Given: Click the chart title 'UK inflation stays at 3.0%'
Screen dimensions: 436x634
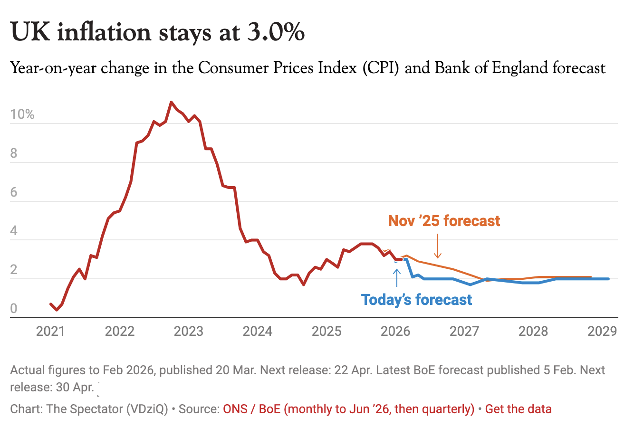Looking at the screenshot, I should coord(157,32).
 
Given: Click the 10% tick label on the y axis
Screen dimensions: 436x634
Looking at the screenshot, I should coord(22,114).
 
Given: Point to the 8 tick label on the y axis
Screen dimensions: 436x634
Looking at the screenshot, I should coord(14,153).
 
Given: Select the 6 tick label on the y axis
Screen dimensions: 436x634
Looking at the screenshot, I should coord(14,192).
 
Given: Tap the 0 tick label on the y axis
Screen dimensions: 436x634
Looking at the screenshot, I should coord(14,309).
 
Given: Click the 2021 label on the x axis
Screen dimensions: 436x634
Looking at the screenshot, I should coord(50,331).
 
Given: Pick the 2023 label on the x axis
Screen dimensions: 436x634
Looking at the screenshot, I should coord(188,331).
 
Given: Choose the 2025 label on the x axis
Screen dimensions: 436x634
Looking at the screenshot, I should coord(327,331).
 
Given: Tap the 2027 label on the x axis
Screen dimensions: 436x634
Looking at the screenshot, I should coord(464,331).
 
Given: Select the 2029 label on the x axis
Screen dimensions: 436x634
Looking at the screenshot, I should coord(602,331).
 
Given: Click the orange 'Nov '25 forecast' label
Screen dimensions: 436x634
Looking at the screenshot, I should coord(444,221).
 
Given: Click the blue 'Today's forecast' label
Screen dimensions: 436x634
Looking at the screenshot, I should coord(416,300).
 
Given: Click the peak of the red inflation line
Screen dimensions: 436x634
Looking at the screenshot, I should coord(172,102).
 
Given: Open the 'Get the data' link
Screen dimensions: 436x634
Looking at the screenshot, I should coord(519,409).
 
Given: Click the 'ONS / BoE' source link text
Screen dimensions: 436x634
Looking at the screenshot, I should coord(252,409).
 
